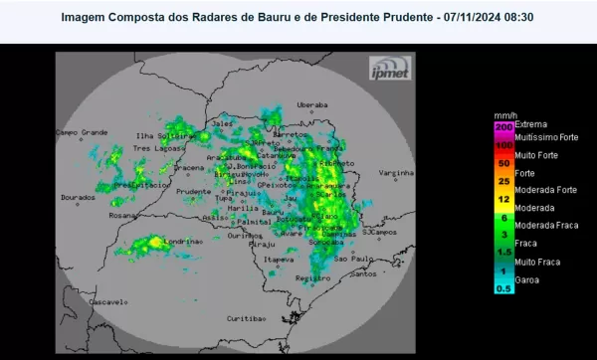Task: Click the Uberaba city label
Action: [x=311, y=103]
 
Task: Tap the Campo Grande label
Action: [x=81, y=131]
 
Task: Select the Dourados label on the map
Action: [x=77, y=197]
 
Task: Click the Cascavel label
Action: [x=105, y=300]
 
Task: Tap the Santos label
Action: [x=362, y=273]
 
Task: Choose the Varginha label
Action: [x=395, y=173]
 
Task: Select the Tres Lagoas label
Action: [x=153, y=149]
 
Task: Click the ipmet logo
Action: [x=387, y=68]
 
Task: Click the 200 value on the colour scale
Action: [x=503, y=127]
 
